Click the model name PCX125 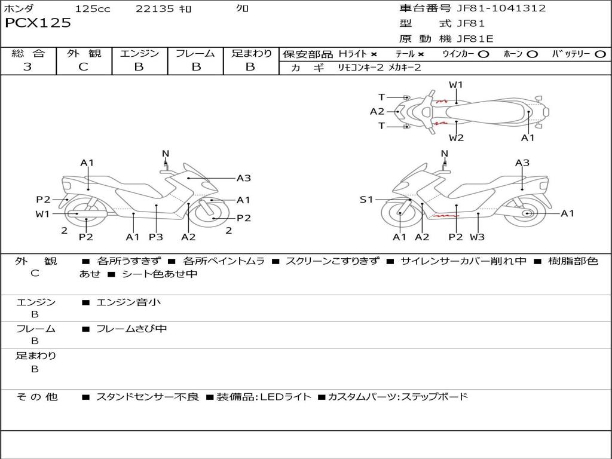(38, 23)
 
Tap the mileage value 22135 (155, 9)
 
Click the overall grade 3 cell (27, 67)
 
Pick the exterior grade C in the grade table (83, 67)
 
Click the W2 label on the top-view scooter (457, 138)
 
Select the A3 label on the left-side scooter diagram (243, 178)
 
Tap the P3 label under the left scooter (156, 237)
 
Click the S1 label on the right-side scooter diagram (366, 200)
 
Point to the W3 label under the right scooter (477, 237)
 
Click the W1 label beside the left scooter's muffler (42, 213)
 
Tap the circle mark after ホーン (533, 54)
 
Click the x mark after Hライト (374, 54)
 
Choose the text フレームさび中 (131, 329)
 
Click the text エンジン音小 (128, 302)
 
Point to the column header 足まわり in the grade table (251, 54)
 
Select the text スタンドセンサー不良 (147, 397)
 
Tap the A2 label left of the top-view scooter (377, 111)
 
